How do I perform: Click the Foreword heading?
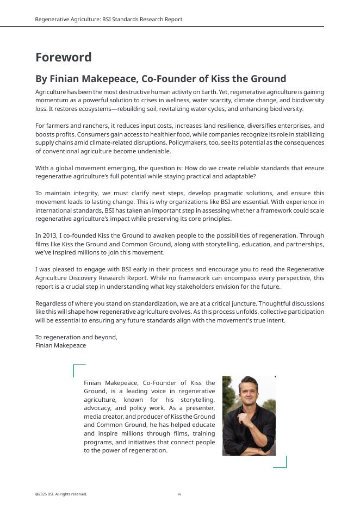point(63,58)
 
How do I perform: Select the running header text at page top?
point(109,20)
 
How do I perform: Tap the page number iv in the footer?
point(179,494)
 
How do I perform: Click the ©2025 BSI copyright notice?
point(61,494)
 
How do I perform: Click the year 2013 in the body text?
point(48,236)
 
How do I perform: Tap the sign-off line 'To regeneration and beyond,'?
point(76,337)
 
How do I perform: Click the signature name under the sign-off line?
point(60,345)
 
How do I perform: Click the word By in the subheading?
point(41,79)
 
